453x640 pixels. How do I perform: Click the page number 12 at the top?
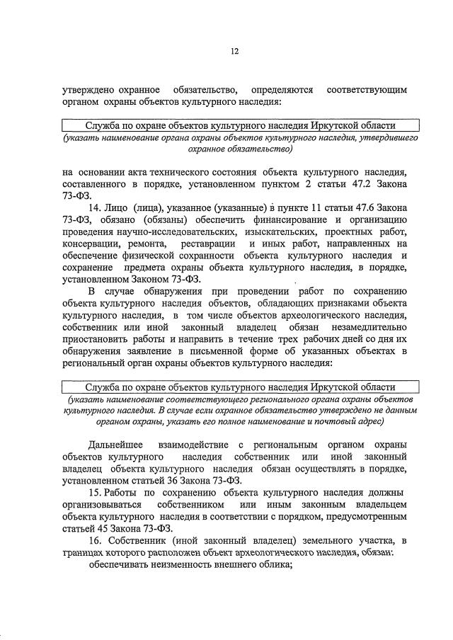(234, 50)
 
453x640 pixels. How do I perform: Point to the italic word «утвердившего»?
(387, 139)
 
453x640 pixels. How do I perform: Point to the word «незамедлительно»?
(367, 327)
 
